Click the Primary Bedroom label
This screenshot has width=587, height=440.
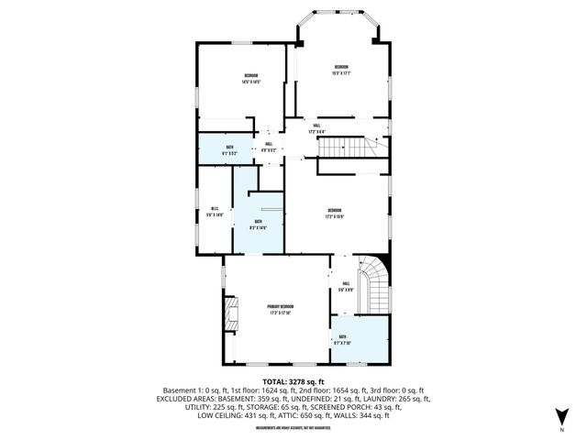[x=280, y=309]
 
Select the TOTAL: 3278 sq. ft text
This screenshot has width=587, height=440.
[x=293, y=380]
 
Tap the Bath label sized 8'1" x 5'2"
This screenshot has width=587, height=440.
[x=229, y=150]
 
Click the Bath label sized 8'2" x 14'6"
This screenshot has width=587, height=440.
[x=259, y=224]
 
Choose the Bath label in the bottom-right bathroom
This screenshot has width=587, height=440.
[x=341, y=340]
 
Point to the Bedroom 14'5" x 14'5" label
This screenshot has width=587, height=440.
[x=250, y=78]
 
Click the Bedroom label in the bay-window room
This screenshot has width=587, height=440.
[x=341, y=70]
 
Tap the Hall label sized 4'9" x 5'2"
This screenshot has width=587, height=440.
[x=269, y=147]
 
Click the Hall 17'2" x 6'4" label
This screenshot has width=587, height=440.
[x=316, y=127]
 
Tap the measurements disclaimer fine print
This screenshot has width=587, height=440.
[x=293, y=428]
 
